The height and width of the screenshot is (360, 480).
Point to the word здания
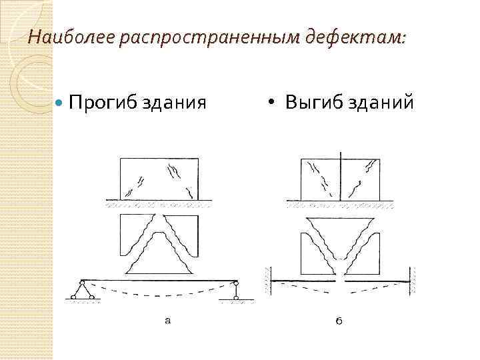click(171, 103)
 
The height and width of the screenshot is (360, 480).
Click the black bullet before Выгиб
click(271, 103)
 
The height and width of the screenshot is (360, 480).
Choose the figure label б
click(339, 322)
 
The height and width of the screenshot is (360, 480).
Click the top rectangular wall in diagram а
click(159, 178)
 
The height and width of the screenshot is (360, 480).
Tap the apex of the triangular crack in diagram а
click(159, 221)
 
